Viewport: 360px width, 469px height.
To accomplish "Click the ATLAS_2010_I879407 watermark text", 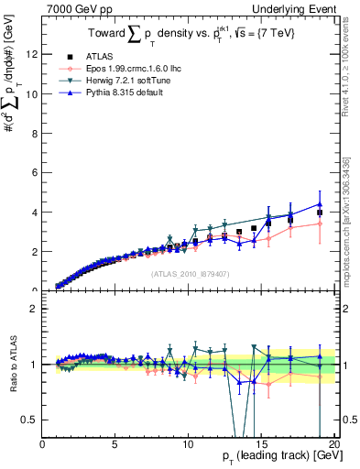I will (191, 272).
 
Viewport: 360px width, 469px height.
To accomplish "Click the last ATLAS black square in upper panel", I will (320, 213).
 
